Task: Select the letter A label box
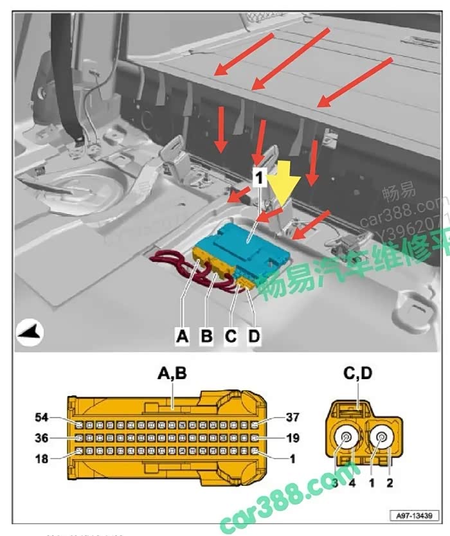[183, 335]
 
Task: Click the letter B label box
[206, 335]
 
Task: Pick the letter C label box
[231, 335]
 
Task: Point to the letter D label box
[255, 335]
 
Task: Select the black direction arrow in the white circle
[30, 333]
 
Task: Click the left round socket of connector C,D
[346, 440]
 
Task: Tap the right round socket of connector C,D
[382, 440]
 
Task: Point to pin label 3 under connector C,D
[336, 481]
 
